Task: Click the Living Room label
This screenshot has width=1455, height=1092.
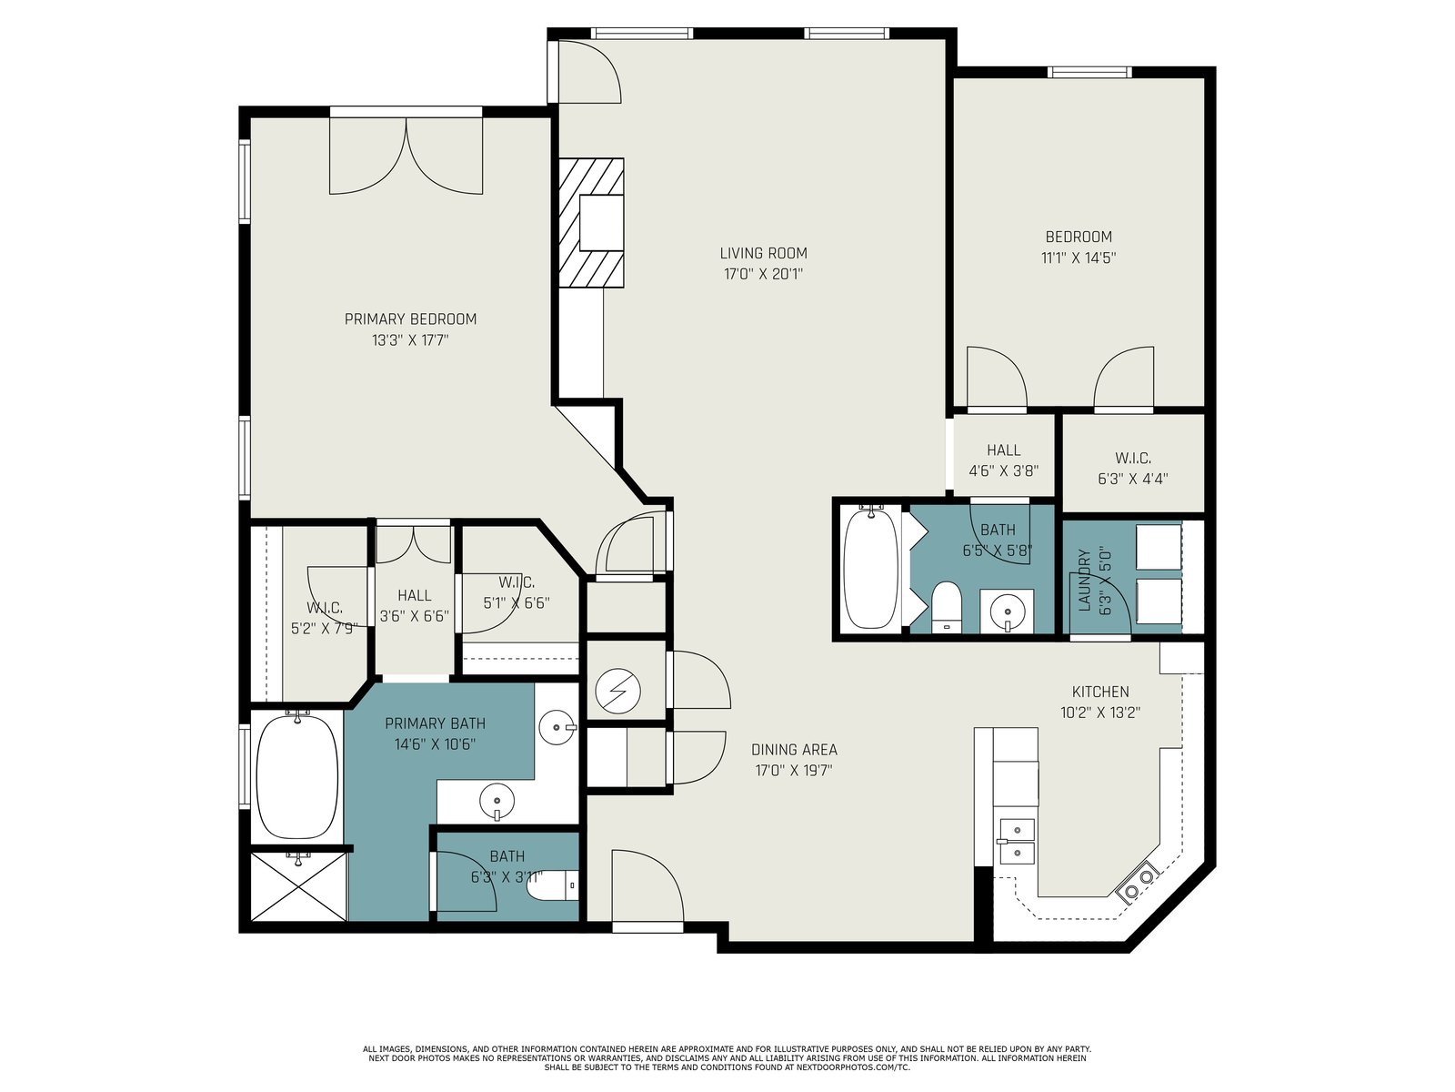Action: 763,253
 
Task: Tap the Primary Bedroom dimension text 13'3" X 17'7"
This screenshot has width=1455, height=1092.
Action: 410,340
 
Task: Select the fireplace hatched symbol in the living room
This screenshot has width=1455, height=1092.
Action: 591,222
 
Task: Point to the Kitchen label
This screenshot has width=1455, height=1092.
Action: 1099,692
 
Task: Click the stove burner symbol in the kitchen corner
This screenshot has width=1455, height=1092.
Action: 1139,883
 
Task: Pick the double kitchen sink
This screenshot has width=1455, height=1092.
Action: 1017,842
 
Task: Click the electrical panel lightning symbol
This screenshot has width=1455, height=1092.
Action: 617,692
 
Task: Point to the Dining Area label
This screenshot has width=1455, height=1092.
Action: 794,749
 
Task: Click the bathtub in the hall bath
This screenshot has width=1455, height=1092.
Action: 869,567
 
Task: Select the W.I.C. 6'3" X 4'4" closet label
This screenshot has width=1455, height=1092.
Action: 1133,468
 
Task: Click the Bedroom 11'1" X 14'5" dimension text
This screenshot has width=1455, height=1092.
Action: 1079,258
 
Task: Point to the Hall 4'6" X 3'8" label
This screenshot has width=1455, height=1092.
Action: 1004,460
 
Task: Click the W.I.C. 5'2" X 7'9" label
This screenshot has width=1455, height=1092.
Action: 324,617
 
